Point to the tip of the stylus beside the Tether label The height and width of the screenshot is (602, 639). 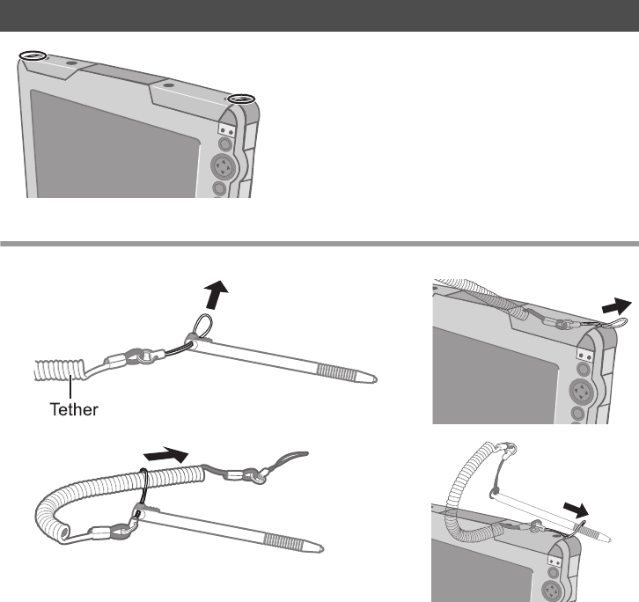click(377, 379)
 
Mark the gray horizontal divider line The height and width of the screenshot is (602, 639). click(319, 242)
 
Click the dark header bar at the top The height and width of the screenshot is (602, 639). click(319, 15)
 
